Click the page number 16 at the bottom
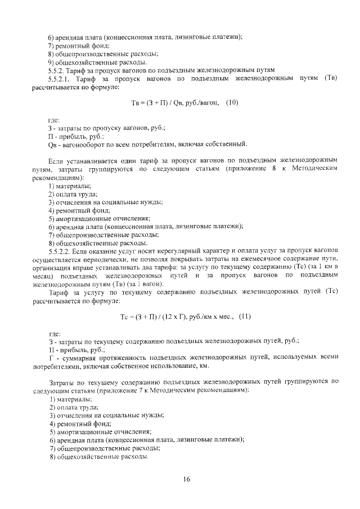pos(187,479)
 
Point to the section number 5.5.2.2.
pos(61,250)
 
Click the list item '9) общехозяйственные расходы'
pos(97,62)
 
